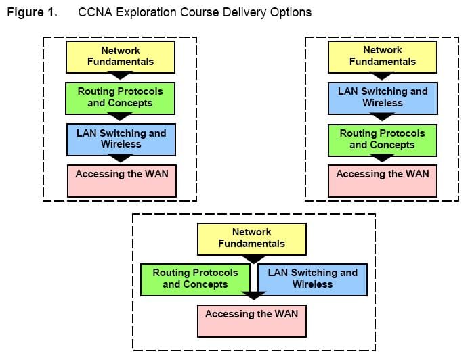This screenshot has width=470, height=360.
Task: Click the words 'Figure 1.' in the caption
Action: (32, 13)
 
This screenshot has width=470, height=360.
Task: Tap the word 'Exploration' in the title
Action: (146, 13)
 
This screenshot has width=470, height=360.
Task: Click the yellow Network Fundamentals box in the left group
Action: (121, 57)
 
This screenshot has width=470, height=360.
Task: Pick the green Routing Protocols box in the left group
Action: (120, 98)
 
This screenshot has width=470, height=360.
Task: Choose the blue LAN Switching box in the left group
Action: (121, 139)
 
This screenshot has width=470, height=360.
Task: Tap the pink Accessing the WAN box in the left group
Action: (122, 181)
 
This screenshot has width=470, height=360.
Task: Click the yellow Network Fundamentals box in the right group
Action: (383, 57)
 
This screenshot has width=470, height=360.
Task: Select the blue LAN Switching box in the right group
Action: (383, 98)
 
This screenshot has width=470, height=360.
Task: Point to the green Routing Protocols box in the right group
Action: (383, 140)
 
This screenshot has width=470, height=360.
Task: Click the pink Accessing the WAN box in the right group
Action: (383, 181)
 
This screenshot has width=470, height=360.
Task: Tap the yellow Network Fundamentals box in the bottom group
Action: (252, 239)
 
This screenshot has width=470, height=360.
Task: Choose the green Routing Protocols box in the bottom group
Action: (196, 279)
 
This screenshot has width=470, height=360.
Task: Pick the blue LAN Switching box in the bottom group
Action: (313, 279)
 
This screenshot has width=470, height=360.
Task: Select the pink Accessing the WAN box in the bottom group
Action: (252, 321)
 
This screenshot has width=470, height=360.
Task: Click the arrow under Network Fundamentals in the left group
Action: (121, 75)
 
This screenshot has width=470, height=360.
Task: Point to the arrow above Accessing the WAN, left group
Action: (121, 158)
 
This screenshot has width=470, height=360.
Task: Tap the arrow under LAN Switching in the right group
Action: (382, 116)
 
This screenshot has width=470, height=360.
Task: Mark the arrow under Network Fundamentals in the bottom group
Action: (254, 259)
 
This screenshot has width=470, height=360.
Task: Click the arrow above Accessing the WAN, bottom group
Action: (254, 295)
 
